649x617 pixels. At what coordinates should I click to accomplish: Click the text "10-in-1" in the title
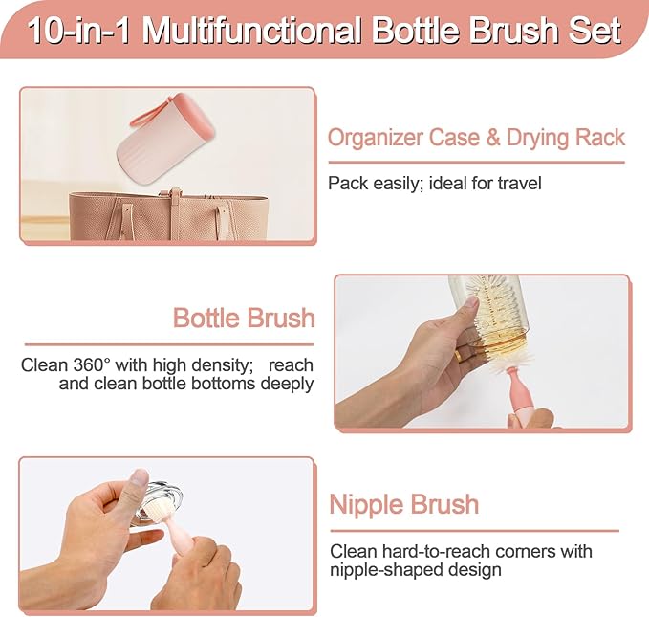coord(79,30)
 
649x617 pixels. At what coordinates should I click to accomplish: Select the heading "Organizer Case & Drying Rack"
coord(476,138)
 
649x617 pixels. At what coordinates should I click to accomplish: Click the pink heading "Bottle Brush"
coord(243,318)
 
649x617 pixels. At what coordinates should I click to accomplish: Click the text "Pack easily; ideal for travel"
coord(434,182)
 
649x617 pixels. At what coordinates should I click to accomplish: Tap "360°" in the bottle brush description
coord(92,365)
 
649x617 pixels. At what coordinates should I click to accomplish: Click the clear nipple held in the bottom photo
coord(159,502)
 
